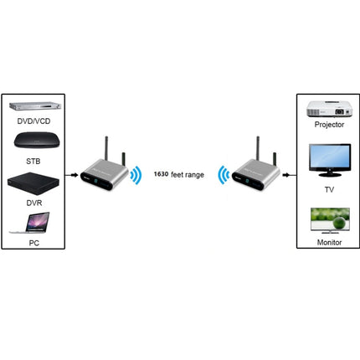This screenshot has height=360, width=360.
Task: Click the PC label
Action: click(33, 242)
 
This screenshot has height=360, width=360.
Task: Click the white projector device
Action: click(326, 108)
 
